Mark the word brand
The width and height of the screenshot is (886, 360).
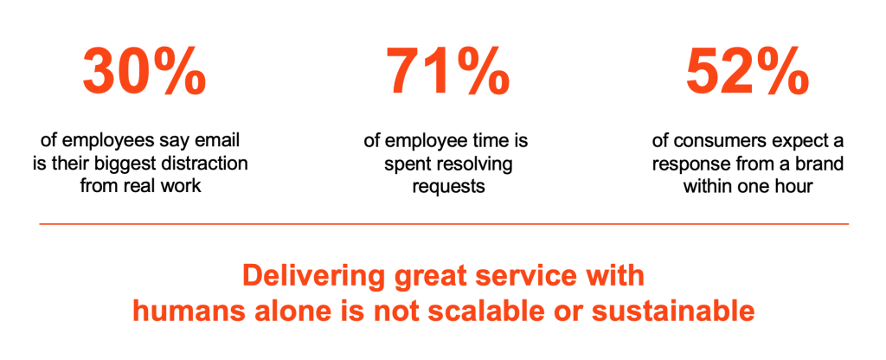[821, 164]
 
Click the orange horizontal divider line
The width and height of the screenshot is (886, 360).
[444, 224]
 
